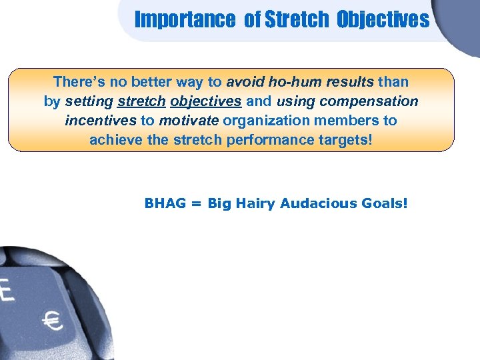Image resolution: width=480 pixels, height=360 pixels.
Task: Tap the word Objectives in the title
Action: (383, 19)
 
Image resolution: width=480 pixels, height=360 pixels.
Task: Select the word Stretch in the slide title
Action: (297, 19)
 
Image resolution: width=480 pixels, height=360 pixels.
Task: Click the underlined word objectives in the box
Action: (206, 101)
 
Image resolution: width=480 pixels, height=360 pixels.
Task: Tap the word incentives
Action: (101, 121)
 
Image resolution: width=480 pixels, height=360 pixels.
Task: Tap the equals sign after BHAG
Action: (195, 203)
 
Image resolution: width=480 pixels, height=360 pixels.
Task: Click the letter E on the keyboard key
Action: (7, 291)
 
